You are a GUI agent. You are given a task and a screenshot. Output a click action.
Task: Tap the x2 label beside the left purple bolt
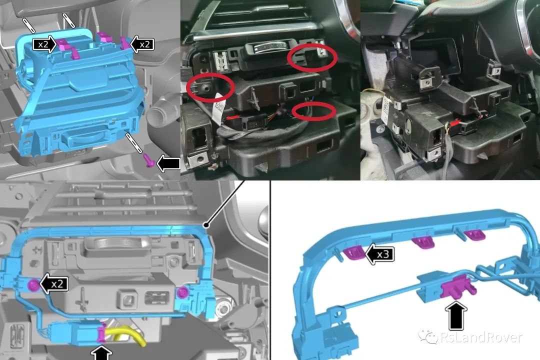pos(57,284)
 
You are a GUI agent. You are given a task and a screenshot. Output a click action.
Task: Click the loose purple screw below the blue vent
pos(150,160)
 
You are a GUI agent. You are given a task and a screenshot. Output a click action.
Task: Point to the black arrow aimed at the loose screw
pos(168,163)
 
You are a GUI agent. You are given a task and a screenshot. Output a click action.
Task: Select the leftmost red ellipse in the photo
pos(210,87)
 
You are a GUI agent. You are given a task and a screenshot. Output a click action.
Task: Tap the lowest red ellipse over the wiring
pos(313,111)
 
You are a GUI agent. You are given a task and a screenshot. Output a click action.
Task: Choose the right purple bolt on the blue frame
pos(182,293)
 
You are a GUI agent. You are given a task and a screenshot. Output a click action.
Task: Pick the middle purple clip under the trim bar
pos(423,242)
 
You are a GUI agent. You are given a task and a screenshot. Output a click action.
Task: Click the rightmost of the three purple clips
pos(474,235)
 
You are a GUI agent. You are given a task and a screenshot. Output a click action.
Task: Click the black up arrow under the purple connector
pos(456,315)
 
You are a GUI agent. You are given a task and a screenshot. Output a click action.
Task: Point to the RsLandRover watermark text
pos(481,337)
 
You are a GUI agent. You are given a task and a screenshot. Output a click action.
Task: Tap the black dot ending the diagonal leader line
pos(206,225)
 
